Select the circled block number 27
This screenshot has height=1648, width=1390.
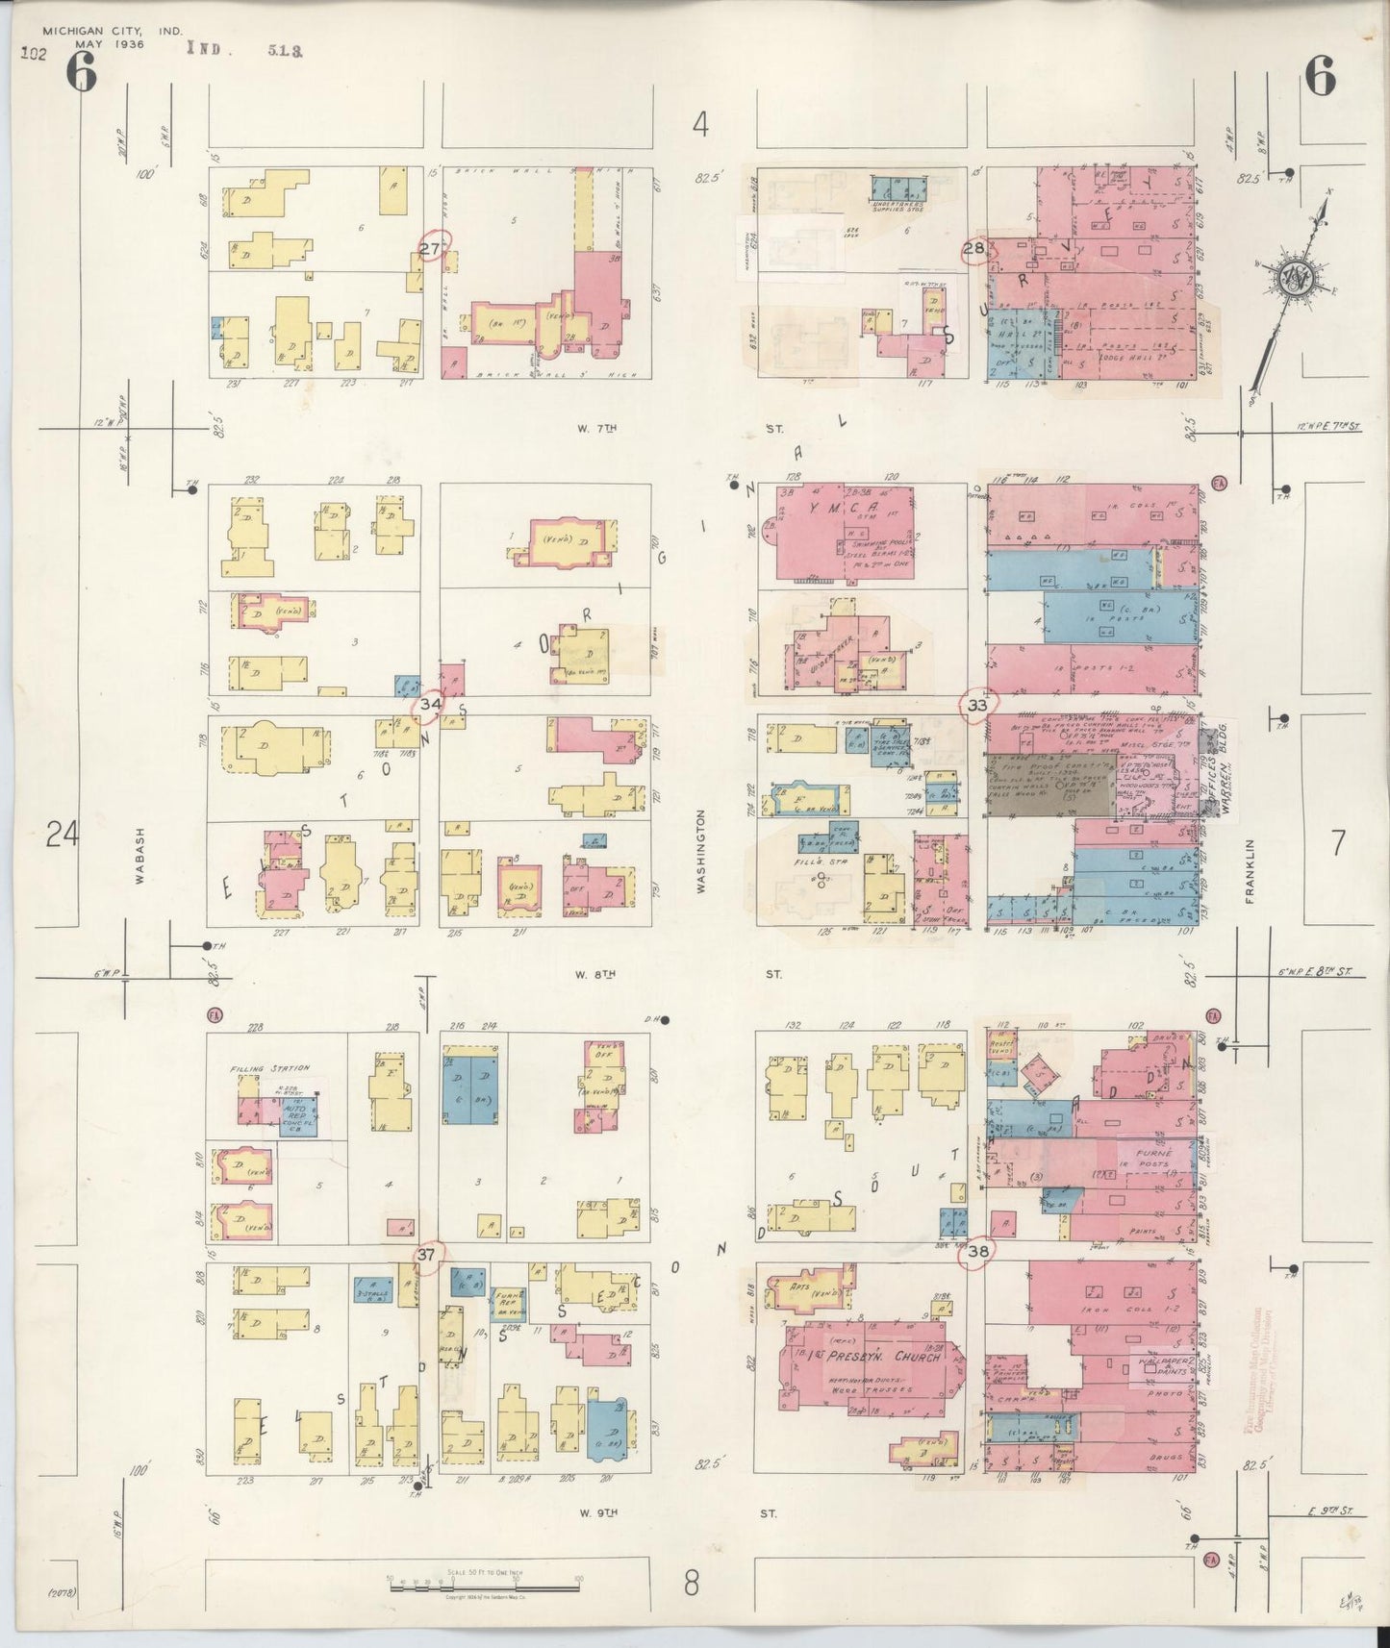(433, 249)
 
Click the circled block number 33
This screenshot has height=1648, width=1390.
(977, 706)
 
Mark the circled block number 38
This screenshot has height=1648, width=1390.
(979, 1251)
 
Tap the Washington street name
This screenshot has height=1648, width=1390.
(701, 852)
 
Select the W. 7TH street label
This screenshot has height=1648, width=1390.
(595, 428)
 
